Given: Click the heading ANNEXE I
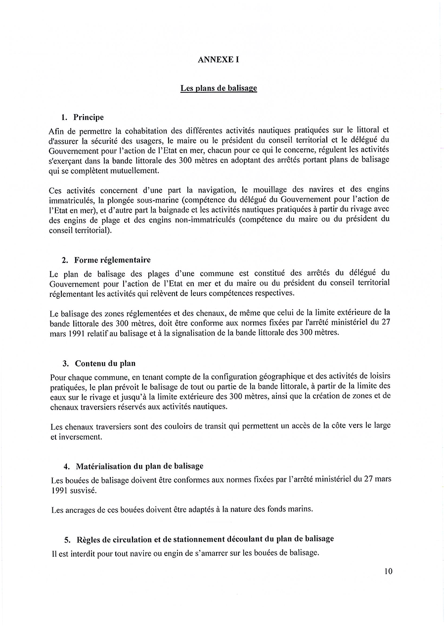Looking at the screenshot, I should [x=218, y=59].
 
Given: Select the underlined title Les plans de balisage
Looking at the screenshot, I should [x=219, y=88].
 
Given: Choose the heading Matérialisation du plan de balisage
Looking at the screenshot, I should [x=139, y=466].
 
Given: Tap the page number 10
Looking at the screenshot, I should [x=388, y=571].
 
